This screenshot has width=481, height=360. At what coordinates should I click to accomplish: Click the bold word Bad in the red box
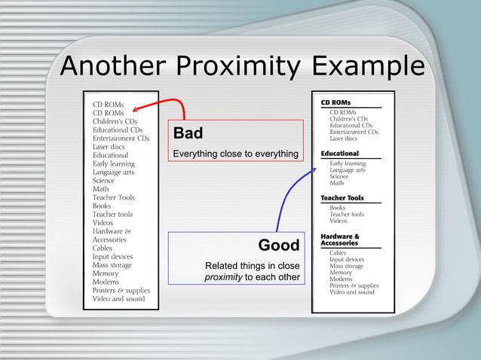[x=188, y=134]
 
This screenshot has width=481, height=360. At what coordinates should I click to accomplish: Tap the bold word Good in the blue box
[x=278, y=246]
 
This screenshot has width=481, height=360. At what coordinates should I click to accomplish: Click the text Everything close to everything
[x=235, y=154]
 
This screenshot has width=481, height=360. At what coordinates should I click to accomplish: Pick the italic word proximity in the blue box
[x=223, y=277]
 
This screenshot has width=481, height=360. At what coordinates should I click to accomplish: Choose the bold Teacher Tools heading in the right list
[x=342, y=198]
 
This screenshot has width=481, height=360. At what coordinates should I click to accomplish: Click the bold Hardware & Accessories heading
[x=340, y=240]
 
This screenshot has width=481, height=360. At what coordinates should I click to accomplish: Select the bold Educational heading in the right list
[x=339, y=154]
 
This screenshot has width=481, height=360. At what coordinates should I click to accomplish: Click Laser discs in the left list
[x=109, y=147]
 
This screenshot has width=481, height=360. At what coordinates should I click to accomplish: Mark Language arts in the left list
[x=113, y=172]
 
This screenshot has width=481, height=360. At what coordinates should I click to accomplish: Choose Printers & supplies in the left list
[x=121, y=290]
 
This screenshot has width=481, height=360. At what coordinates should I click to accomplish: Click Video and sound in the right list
[x=351, y=292]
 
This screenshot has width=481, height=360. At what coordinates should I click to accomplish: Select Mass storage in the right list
[x=346, y=267]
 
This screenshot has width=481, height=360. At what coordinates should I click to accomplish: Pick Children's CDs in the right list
[x=348, y=119]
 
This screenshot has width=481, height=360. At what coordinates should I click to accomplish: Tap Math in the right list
[x=338, y=183]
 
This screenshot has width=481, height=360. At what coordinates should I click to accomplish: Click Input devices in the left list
[x=112, y=257]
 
